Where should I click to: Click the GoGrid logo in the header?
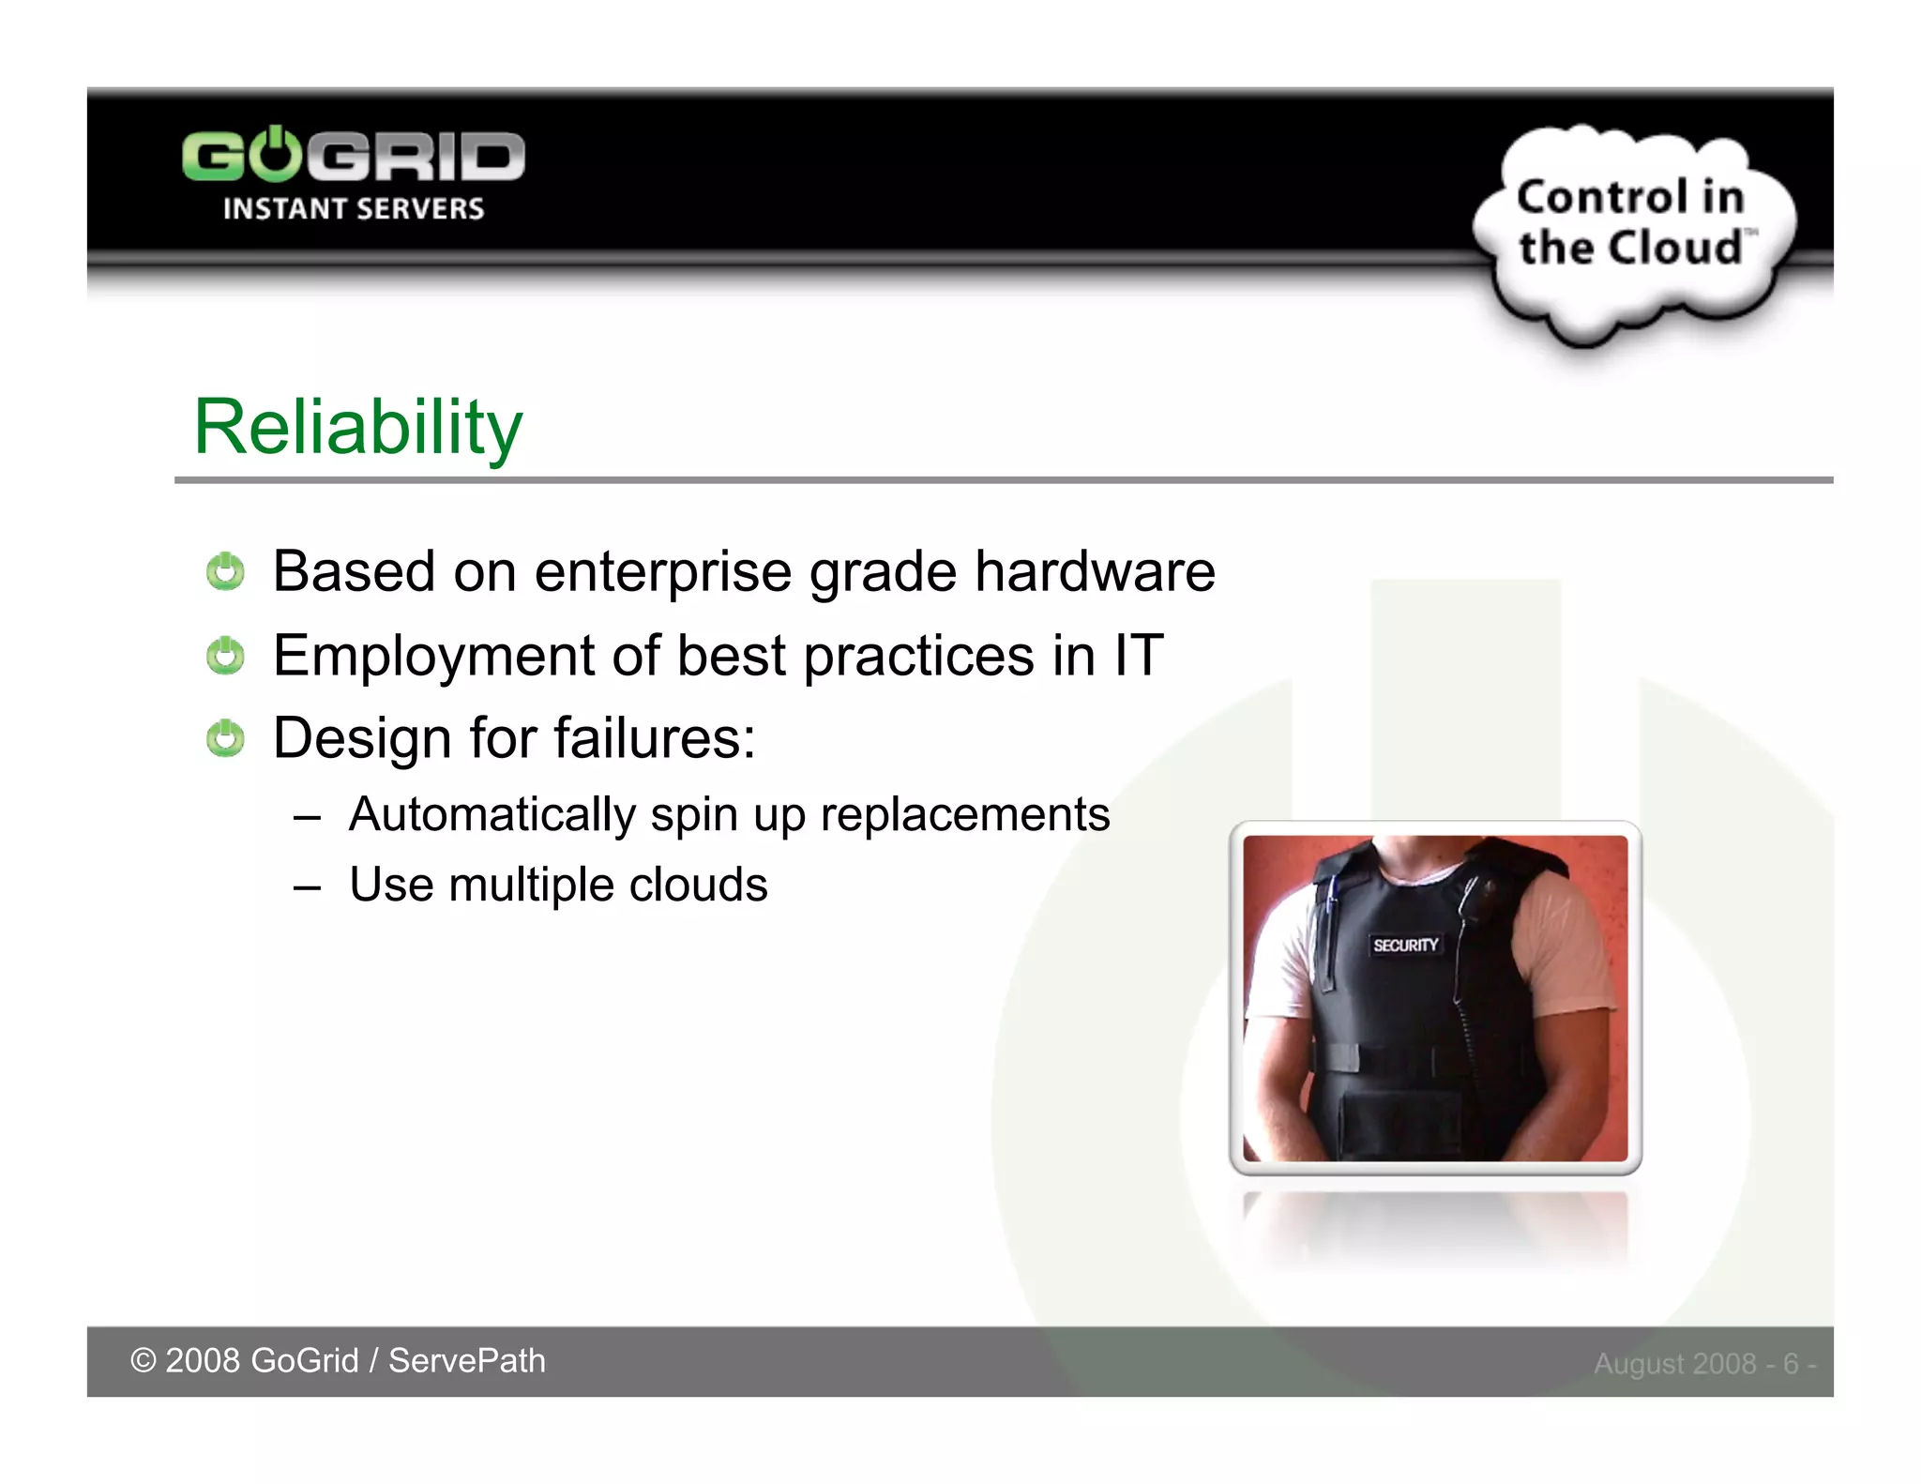354,157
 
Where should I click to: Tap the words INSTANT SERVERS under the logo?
354,208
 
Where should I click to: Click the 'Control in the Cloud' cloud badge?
1632,225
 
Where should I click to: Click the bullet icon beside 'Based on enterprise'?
225,571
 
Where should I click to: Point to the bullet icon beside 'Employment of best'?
225,655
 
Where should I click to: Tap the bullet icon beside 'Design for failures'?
225,738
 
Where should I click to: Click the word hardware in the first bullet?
1095,571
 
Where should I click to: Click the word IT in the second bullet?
1139,655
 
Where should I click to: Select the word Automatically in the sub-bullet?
492,815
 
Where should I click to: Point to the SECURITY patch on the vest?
1404,945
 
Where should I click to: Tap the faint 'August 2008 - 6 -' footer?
1704,1363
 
